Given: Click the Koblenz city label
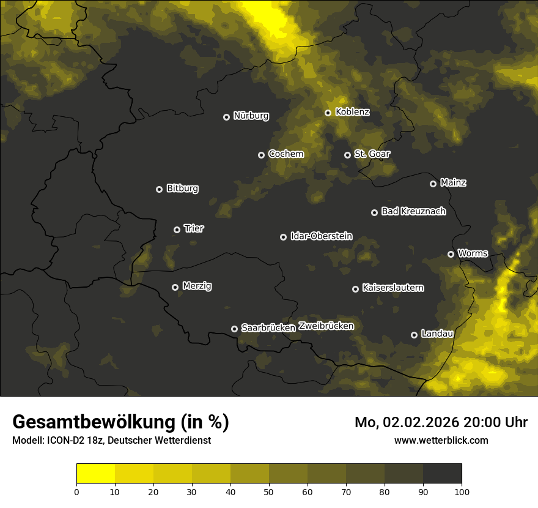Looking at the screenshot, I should coord(352,112).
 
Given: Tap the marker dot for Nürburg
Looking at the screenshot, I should coord(226,117).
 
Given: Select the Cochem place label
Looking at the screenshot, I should coord(286,154).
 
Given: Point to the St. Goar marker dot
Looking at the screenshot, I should coord(347,155).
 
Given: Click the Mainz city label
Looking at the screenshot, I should coord(453,182).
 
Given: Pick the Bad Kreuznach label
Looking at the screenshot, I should coord(413,211).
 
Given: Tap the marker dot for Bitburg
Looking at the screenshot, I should coord(159,189).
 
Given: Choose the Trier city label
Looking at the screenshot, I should coord(194,228).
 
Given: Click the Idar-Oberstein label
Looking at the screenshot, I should coord(321,236).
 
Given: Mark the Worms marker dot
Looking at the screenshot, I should coord(451,254).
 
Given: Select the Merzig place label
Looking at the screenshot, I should coord(197,286).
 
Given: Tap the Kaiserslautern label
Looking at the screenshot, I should coord(392,288).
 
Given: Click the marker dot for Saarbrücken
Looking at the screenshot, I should coord(234,329).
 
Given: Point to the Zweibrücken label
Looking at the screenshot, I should coord(326,326).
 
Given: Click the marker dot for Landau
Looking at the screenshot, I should coord(414,335).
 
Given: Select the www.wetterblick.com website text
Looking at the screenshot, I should coord(441,440).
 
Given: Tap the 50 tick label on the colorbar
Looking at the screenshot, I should coord(269,491).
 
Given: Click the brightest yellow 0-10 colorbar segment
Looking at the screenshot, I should coord(96,474).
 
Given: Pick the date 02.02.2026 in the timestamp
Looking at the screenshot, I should coord(421,422).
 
